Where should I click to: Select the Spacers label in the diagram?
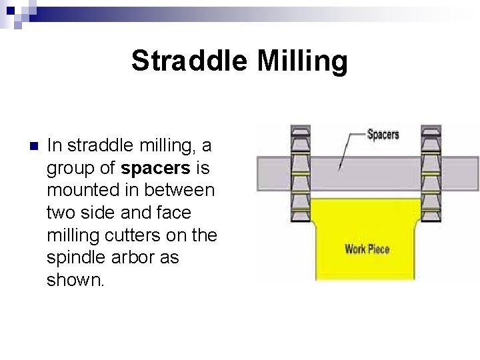coord(383,135)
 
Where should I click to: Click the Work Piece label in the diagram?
coord(367,250)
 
